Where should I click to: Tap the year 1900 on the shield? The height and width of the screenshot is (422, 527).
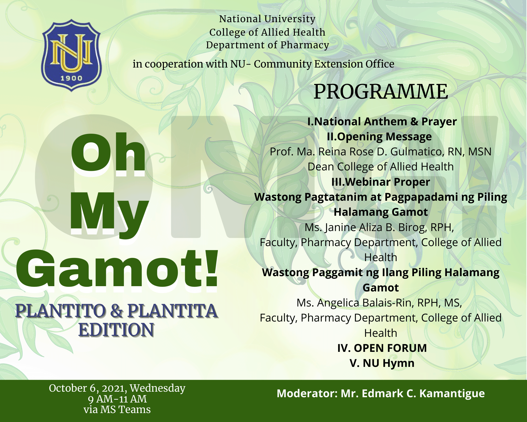click(71, 78)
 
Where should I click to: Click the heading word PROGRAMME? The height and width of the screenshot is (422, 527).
click(381, 92)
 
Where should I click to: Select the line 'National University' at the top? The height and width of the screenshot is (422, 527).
click(267, 19)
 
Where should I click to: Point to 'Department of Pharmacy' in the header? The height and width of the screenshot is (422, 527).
click(267, 45)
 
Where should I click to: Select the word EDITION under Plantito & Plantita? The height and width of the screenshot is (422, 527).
click(116, 330)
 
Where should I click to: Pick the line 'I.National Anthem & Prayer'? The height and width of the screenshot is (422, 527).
click(382, 122)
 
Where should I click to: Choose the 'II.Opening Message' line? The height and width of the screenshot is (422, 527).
click(379, 137)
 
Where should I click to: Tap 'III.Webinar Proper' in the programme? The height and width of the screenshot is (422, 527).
click(381, 182)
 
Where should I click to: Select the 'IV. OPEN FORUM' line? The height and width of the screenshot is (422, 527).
click(382, 348)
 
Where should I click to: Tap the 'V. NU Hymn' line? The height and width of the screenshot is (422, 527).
click(382, 363)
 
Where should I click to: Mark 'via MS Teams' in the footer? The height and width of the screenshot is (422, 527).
click(117, 410)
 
